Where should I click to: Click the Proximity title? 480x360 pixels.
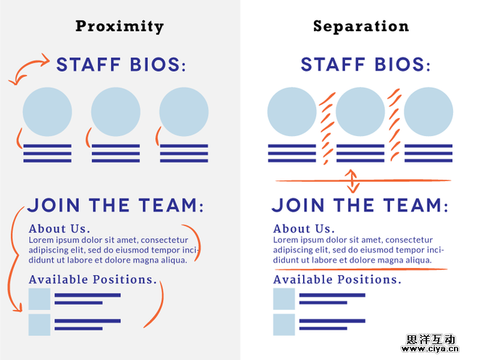point(120,27)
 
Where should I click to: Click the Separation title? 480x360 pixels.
point(361,27)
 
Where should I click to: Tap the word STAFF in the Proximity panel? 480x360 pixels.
point(88,64)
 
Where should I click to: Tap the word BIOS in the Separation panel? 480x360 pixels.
point(400,64)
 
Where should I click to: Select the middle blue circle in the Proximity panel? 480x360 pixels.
point(116,112)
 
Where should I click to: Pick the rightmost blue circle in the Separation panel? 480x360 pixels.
point(429,112)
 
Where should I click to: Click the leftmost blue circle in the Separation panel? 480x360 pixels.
point(292,112)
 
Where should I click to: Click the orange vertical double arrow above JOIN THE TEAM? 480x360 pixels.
point(352,181)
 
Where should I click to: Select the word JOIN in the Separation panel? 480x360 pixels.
point(298,205)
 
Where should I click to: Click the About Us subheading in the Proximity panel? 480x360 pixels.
point(59,229)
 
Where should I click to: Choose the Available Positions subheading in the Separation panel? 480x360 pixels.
point(337,280)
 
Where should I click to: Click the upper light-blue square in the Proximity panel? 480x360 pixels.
point(39,299)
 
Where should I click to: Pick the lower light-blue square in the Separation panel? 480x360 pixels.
point(284,325)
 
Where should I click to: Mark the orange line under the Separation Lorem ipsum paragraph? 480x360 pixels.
point(361,269)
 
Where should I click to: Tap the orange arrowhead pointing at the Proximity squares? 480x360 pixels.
point(18,308)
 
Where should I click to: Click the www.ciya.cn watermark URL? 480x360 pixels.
point(430,348)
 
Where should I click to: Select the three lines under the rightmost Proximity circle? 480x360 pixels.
point(184,154)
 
